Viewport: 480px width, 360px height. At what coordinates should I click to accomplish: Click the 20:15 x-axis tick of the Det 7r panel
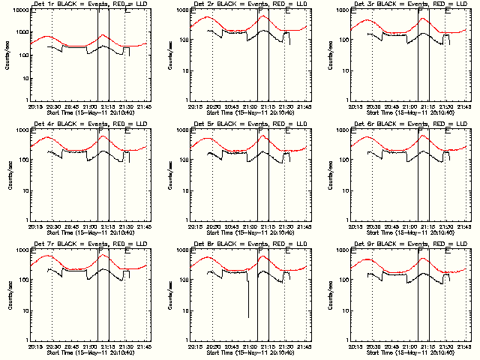(34, 347)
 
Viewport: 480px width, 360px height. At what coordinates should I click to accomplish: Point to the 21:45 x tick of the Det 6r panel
(463, 227)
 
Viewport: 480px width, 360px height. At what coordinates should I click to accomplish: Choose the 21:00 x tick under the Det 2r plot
(249, 107)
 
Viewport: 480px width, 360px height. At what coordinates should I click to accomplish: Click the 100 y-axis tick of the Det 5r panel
(180, 160)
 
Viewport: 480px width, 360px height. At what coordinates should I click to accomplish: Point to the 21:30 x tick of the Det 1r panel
(126, 107)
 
